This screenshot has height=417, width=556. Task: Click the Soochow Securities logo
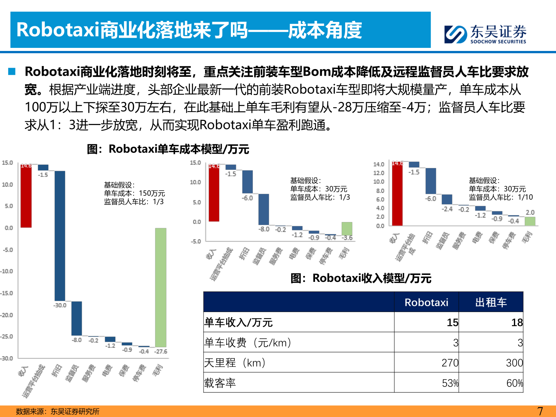[485, 34]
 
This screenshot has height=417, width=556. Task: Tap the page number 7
[540, 411]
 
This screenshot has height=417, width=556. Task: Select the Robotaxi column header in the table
[426, 302]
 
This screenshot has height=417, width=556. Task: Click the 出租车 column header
[491, 302]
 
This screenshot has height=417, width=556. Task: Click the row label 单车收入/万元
[238, 322]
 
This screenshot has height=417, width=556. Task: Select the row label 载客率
[220, 383]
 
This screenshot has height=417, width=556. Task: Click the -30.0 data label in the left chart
[59, 305]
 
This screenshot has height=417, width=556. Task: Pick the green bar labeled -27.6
[161, 287]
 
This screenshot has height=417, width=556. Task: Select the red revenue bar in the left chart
[26, 196]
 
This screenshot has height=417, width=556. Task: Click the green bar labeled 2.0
[530, 221]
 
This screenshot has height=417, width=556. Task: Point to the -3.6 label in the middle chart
[347, 238]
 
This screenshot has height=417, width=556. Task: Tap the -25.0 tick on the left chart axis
[7, 337]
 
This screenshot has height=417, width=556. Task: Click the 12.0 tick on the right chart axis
[378, 173]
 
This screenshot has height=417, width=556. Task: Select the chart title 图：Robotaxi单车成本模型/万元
[168, 149]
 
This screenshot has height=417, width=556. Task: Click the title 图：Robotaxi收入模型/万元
[361, 278]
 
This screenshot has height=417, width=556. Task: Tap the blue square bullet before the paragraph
[12, 71]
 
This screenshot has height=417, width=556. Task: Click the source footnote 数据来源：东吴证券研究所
[58, 412]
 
